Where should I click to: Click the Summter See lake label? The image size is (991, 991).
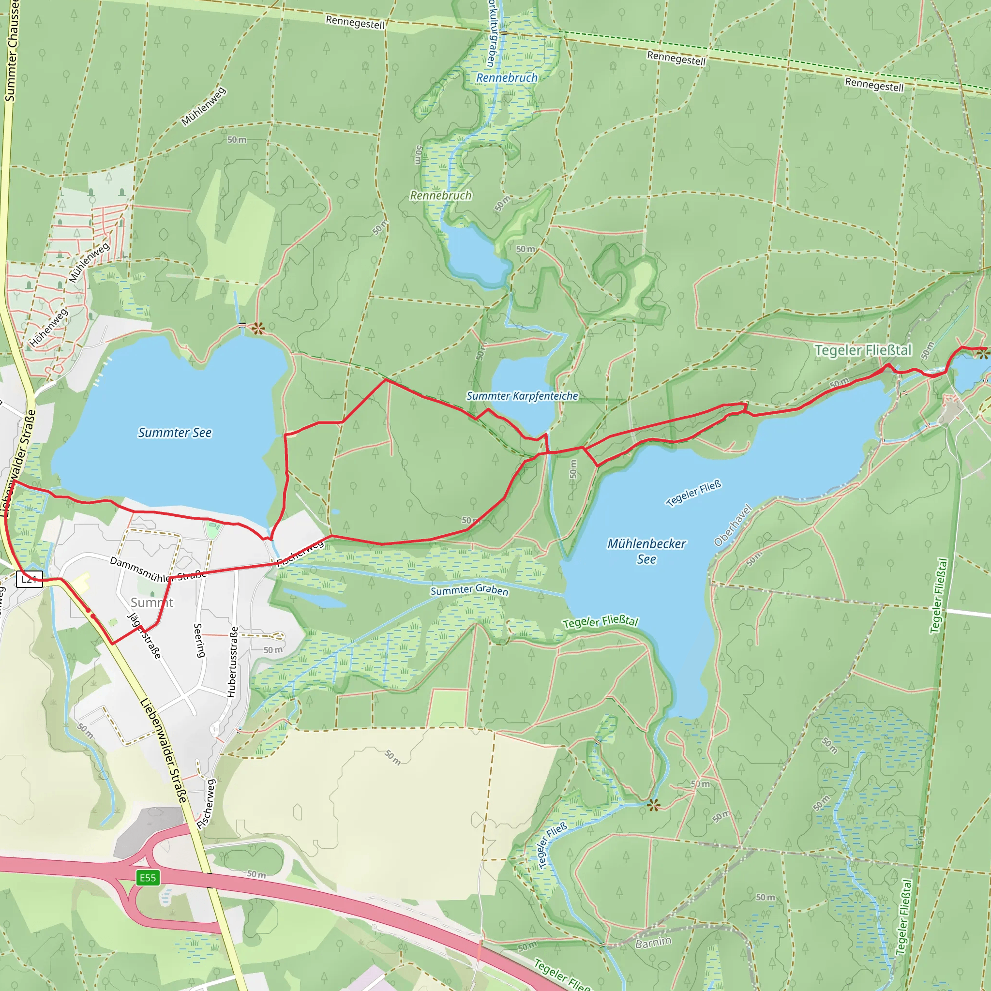(x=174, y=433)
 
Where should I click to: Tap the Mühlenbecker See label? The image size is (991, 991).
(x=646, y=551)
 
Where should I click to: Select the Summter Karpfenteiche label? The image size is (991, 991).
(x=522, y=396)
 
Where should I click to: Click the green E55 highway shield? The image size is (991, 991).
(x=148, y=878)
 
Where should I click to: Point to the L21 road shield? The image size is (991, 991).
(x=29, y=579)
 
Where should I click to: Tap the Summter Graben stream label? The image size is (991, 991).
(x=469, y=590)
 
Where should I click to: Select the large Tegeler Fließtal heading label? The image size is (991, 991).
(x=863, y=350)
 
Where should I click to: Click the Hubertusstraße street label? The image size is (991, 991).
(x=232, y=661)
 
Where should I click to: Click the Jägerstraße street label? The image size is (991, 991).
(x=145, y=635)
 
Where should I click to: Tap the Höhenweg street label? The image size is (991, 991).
(x=48, y=328)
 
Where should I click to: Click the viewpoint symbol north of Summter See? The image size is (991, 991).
(x=257, y=328)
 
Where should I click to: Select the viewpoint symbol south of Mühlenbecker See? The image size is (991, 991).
(x=653, y=805)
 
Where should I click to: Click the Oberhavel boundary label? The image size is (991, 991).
(x=733, y=526)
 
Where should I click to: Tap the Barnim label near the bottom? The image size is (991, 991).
(x=653, y=943)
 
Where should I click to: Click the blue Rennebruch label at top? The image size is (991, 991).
(x=507, y=78)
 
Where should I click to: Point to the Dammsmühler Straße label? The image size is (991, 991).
(x=158, y=570)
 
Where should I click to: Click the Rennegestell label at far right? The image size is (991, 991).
(x=874, y=85)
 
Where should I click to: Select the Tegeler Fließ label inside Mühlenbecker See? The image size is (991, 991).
(x=693, y=493)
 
